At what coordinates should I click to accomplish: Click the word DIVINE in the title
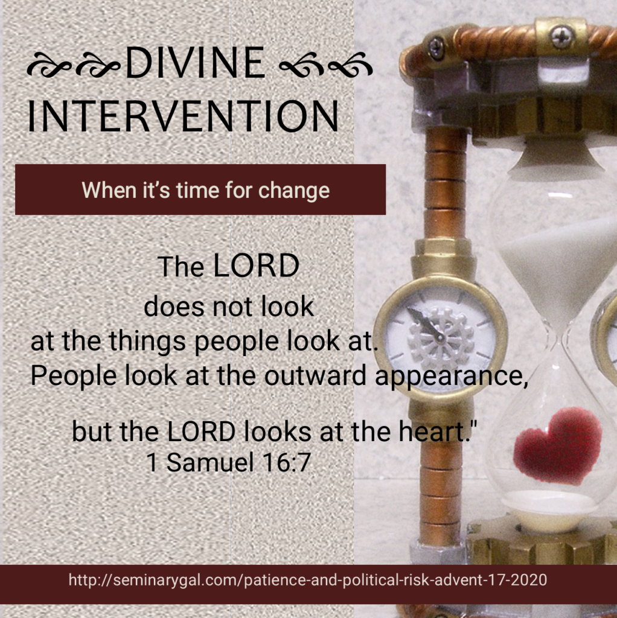196,63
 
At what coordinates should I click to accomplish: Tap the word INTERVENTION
184,116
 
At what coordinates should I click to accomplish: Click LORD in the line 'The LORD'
256,266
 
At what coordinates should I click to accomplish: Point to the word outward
315,375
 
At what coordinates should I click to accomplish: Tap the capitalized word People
74,376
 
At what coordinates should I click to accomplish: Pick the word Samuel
209,462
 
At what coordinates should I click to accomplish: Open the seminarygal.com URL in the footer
308,580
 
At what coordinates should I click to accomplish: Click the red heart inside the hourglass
557,446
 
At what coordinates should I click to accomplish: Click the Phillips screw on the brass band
561,37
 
